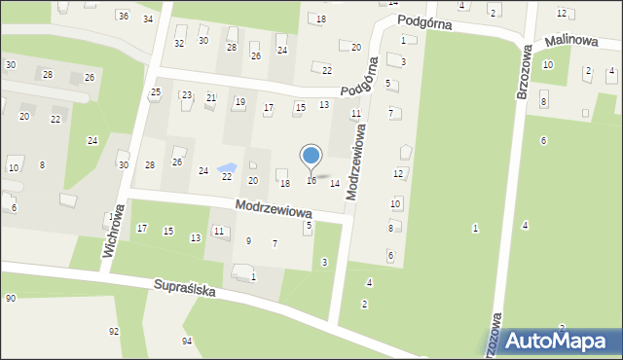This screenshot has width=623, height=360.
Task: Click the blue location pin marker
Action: tap(311, 156)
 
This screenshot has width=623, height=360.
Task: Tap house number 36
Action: tap(123, 16)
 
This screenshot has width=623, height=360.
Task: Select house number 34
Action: tap(148, 18)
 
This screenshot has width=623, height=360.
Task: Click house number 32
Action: tap(179, 43)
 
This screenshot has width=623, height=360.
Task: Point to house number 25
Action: tap(155, 91)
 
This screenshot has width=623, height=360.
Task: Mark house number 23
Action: tap(186, 95)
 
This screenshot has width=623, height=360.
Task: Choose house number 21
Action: tap(211, 97)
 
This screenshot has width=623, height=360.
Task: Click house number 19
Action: tap(239, 101)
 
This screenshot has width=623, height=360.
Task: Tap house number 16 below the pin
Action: tap(311, 180)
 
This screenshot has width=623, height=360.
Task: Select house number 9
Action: tap(248, 240)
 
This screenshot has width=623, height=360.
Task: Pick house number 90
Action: tap(10, 298)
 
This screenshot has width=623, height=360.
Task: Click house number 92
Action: tap(114, 331)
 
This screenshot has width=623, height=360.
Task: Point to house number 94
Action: tap(187, 341)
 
